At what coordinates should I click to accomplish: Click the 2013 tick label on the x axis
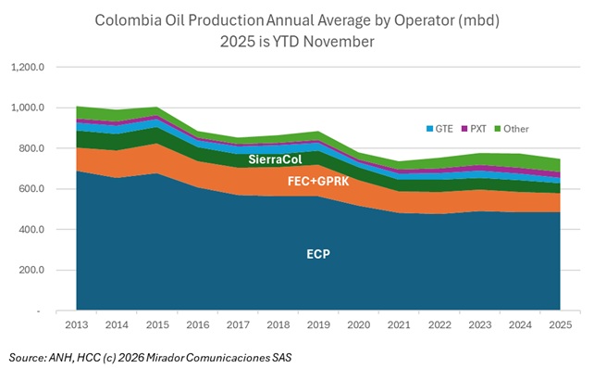[x=77, y=324]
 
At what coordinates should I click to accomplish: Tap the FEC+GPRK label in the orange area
[x=320, y=182]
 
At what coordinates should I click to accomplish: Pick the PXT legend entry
[x=476, y=129]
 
